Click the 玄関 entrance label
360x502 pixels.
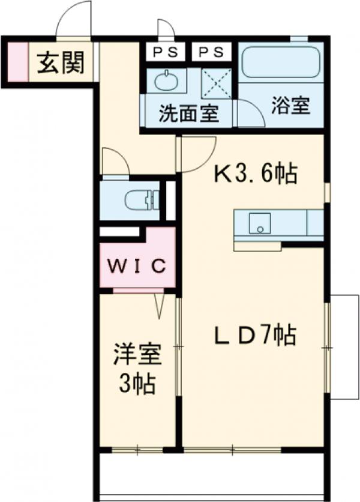tap(61, 62)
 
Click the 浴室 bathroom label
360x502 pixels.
tap(290, 106)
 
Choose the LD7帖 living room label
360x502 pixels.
tap(255, 336)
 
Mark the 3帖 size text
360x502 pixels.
tap(137, 384)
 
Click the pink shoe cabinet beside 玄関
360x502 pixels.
tap(18, 62)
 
